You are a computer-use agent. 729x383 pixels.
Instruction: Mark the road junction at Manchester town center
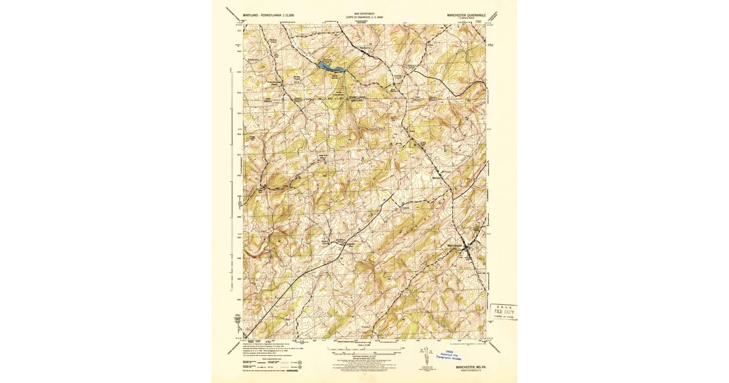[x=466, y=249]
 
